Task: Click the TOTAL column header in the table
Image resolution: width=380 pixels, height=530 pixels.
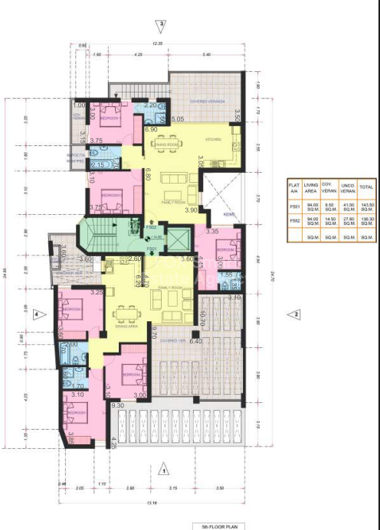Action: pos(366,186)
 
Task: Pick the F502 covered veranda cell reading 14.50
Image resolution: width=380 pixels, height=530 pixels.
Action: pos(329,223)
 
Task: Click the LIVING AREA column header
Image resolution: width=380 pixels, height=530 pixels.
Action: pos(311,186)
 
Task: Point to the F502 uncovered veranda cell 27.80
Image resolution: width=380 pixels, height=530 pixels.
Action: pos(348,223)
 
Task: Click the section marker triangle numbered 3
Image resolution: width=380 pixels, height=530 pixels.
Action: pos(162,25)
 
